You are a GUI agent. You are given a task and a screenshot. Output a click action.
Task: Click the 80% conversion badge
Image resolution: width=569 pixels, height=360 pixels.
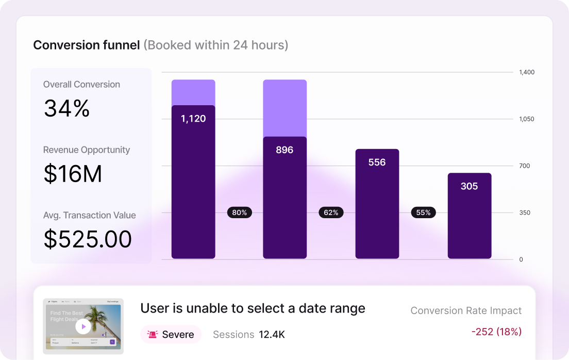[x=240, y=212]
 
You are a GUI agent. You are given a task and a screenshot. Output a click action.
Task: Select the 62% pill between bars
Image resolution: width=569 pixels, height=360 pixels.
[x=331, y=212]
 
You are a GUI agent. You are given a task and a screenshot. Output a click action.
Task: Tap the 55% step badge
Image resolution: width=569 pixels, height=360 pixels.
[x=423, y=212]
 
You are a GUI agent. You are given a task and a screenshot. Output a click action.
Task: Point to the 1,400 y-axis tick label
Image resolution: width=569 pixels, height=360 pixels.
[x=526, y=72]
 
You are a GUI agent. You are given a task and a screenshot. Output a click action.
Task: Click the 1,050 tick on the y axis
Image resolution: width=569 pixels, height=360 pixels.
[x=526, y=119]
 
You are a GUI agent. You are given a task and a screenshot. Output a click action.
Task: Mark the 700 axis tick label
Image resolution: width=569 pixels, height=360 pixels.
[x=525, y=166]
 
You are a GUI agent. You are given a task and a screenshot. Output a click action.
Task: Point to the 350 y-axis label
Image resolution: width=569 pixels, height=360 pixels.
[x=525, y=212]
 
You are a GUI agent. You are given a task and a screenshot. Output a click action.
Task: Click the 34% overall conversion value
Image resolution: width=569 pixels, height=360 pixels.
[x=67, y=109]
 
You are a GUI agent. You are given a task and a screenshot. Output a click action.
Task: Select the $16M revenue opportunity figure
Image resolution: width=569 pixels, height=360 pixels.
[x=73, y=174]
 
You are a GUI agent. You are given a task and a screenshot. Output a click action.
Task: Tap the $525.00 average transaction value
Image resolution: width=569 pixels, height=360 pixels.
[x=88, y=239]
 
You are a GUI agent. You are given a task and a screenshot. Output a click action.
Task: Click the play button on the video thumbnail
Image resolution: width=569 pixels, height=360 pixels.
[x=83, y=326]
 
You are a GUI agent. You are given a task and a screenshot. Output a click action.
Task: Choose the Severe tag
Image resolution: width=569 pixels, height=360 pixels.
[x=171, y=335]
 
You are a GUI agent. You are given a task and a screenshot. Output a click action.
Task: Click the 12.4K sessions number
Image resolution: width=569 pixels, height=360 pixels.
[x=272, y=335]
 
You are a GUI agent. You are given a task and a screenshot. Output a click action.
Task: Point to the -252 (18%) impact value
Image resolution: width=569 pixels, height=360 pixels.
[x=496, y=332]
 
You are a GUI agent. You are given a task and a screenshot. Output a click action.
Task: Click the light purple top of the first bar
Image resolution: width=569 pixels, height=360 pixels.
[x=193, y=92]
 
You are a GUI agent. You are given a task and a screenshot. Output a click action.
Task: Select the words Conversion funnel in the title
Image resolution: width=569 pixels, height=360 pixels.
[x=87, y=45]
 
